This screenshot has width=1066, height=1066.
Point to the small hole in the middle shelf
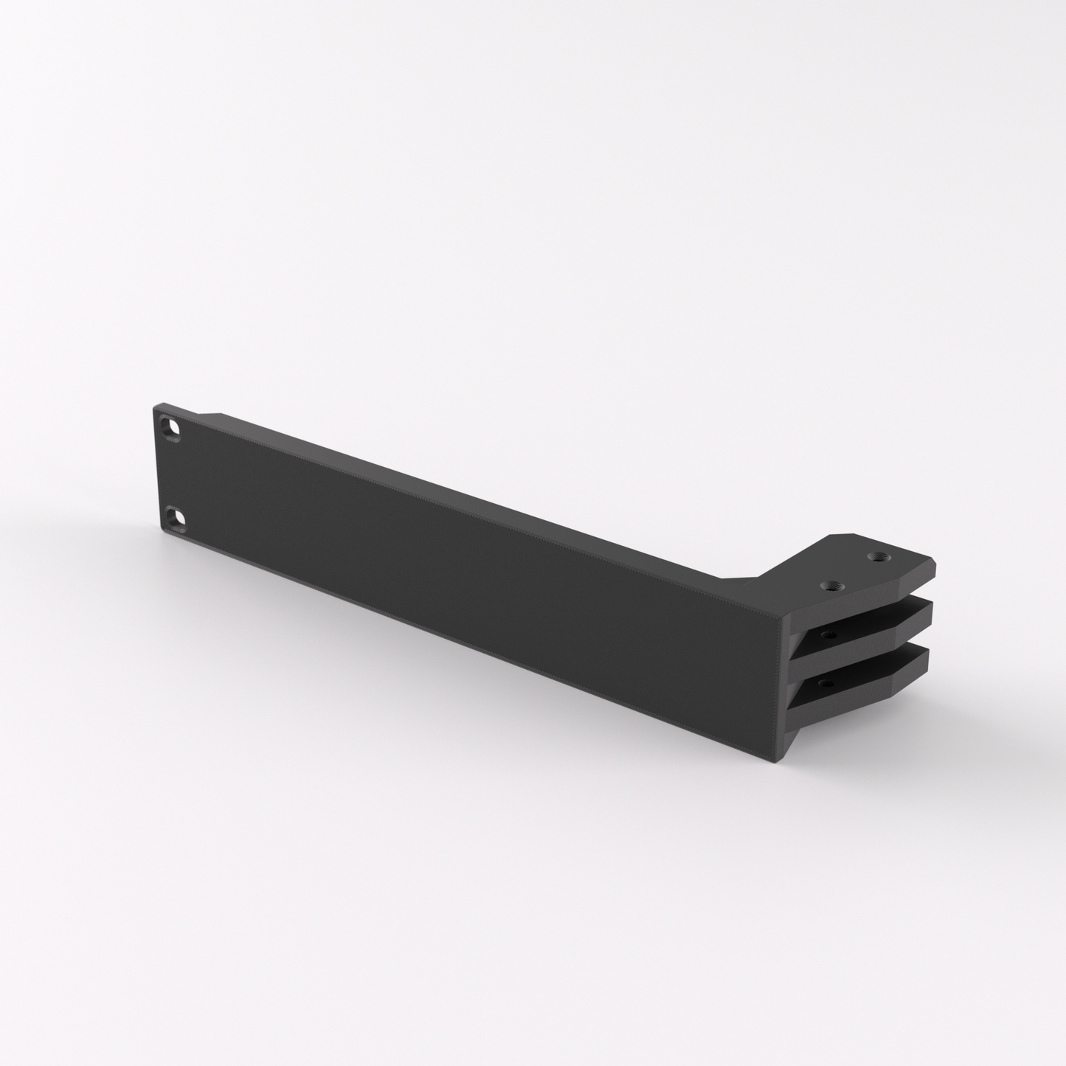(829, 634)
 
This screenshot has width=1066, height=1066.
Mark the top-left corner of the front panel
(156, 406)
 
